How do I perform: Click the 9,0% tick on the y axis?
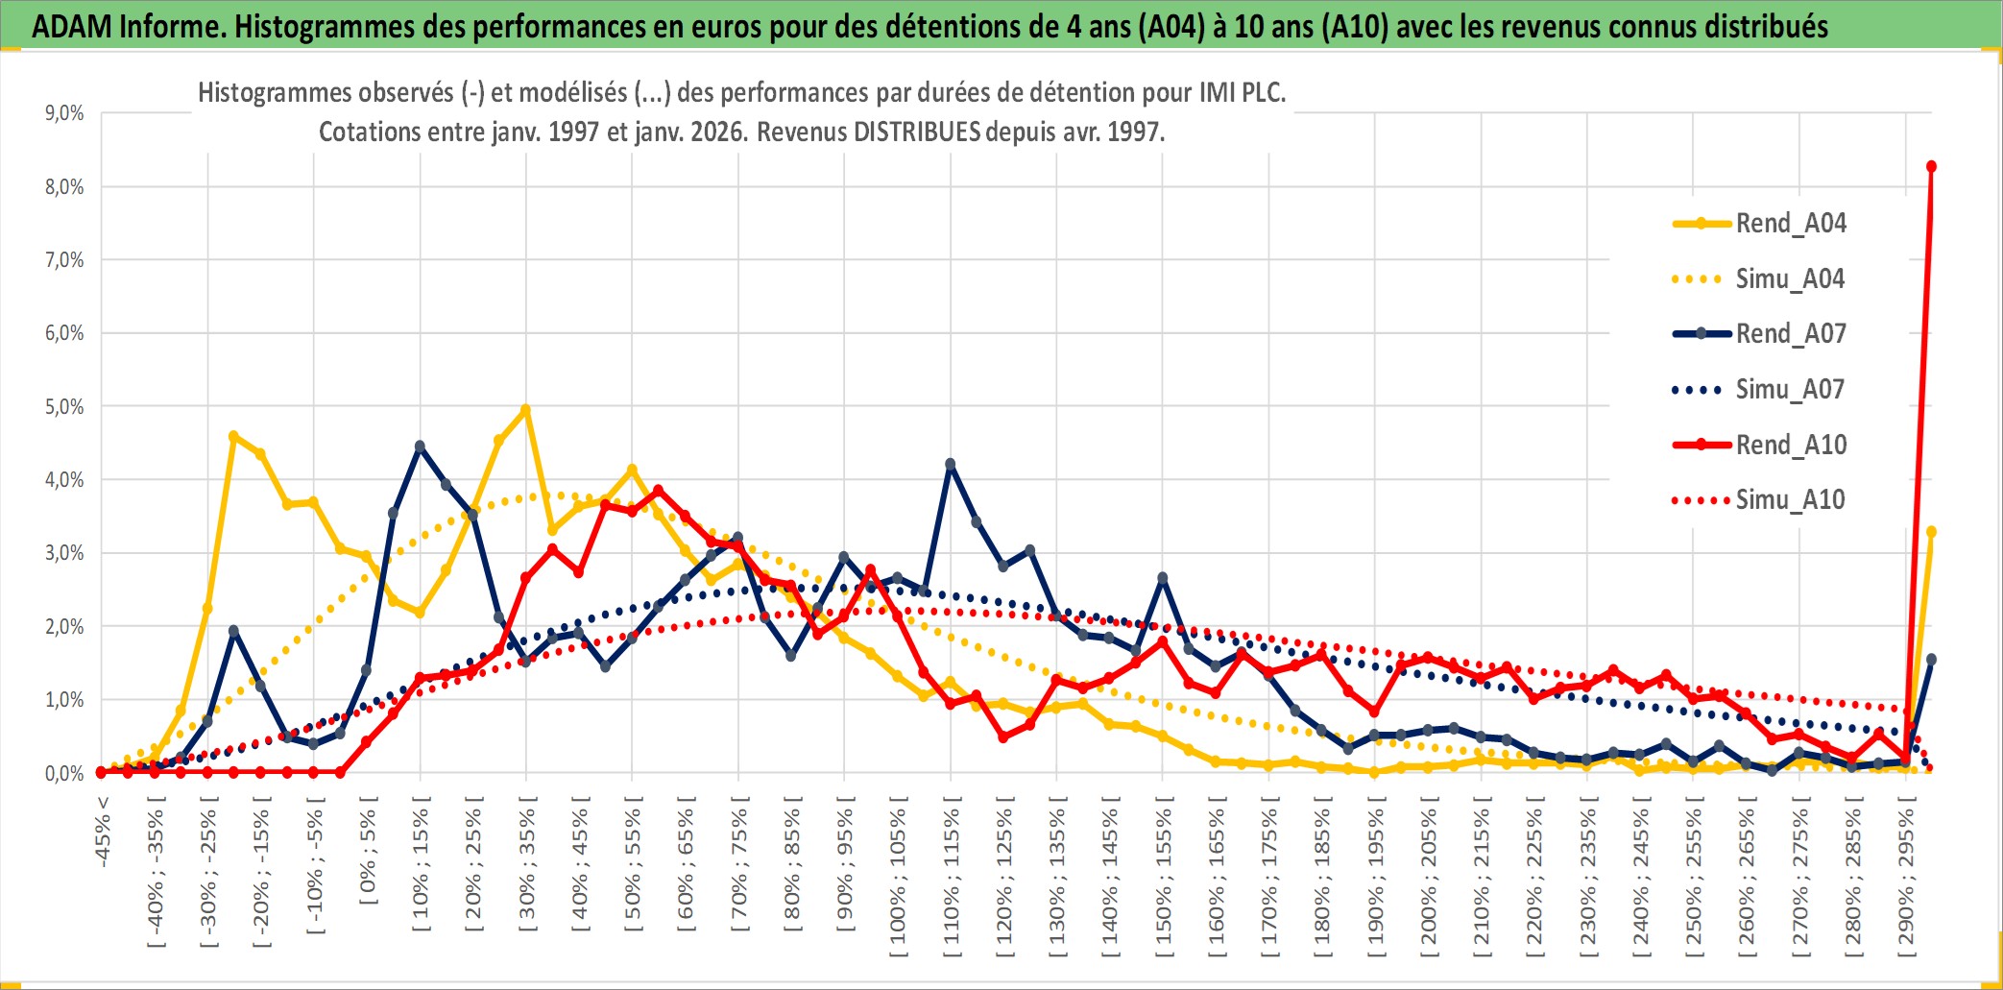(64, 113)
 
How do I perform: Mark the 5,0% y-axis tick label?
(64, 407)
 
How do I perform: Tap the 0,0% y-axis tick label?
(64, 774)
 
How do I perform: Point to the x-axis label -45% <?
(103, 832)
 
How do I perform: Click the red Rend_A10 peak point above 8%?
(1931, 167)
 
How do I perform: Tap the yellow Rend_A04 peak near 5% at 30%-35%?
(525, 410)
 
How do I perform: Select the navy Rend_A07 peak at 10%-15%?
(420, 447)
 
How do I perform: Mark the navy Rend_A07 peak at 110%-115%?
(951, 464)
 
